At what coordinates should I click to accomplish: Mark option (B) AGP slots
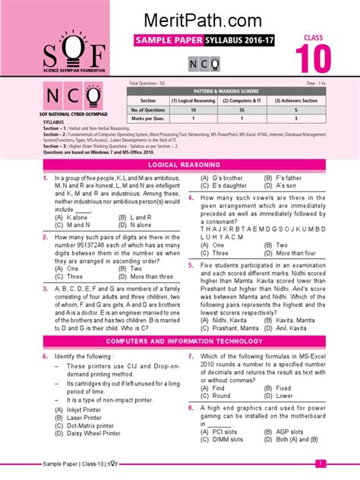[x=280, y=431]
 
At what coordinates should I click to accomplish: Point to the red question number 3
[x=45, y=288]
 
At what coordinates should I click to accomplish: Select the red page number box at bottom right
[x=321, y=463]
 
